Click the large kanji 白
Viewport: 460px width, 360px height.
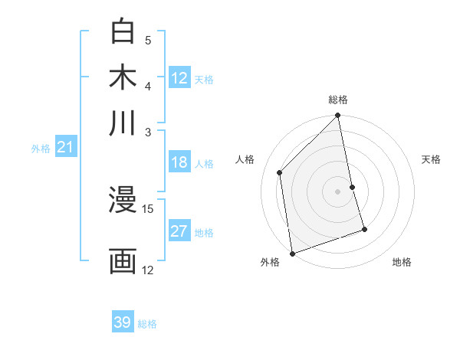click(123, 32)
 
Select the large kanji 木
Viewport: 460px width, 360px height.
click(123, 77)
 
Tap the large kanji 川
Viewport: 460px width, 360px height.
click(123, 123)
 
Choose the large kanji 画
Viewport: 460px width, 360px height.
click(123, 261)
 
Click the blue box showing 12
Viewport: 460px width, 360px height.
click(179, 78)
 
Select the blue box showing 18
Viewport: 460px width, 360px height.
click(179, 162)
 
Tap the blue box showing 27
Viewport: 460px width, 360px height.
click(179, 231)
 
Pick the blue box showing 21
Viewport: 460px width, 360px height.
click(64, 148)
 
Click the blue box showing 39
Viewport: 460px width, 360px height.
click(123, 322)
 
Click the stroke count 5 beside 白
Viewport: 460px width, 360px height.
click(148, 40)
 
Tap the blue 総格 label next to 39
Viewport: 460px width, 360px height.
click(147, 324)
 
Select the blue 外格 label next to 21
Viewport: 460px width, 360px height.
click(40, 149)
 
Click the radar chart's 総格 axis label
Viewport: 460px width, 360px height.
click(338, 100)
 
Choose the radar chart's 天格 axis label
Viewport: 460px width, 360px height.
click(432, 159)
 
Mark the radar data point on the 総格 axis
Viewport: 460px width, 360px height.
click(337, 116)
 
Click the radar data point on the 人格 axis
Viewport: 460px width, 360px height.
click(280, 172)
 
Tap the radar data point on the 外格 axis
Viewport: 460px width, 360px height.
click(292, 253)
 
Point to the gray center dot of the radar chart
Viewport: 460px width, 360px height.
click(337, 191)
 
